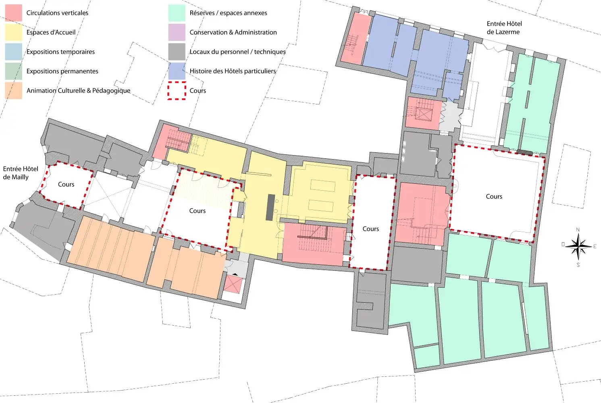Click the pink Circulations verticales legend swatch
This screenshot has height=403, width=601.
click(x=13, y=13)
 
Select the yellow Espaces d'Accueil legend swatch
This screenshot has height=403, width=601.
click(x=13, y=32)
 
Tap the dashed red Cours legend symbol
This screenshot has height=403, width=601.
click(x=177, y=91)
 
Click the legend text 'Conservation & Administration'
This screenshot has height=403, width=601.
click(x=233, y=32)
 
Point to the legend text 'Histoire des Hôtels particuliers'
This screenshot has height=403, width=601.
click(x=233, y=71)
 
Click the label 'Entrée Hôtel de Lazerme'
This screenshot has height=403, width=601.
click(x=504, y=28)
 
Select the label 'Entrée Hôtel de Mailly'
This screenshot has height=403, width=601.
click(x=21, y=173)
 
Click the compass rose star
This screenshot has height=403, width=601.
click(x=578, y=246)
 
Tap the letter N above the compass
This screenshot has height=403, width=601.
click(x=578, y=230)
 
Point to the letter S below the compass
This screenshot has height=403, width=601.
click(x=578, y=265)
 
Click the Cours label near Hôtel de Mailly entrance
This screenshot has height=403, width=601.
click(x=66, y=184)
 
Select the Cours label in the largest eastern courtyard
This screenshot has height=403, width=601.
click(x=494, y=196)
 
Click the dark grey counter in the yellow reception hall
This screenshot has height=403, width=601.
click(x=270, y=208)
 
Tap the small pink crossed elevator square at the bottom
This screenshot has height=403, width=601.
click(x=233, y=285)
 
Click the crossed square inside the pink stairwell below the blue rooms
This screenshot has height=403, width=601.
click(x=424, y=114)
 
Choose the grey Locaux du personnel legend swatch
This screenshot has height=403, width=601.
click(x=177, y=52)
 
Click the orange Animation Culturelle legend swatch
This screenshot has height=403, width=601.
click(x=13, y=91)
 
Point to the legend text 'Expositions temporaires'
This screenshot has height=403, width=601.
click(x=60, y=52)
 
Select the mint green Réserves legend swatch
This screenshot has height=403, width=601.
click(x=177, y=13)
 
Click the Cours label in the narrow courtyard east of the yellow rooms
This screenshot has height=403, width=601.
click(x=370, y=229)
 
